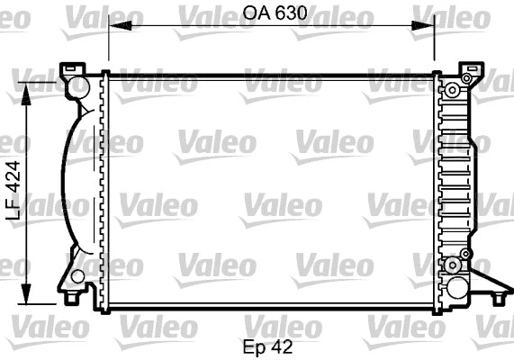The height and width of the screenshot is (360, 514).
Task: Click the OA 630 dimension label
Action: click(x=270, y=13)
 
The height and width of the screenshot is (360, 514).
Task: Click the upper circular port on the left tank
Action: click(x=79, y=86)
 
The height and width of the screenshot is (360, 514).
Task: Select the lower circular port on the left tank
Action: click(x=79, y=276)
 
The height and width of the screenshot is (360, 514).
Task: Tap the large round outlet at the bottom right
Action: click(x=456, y=290)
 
